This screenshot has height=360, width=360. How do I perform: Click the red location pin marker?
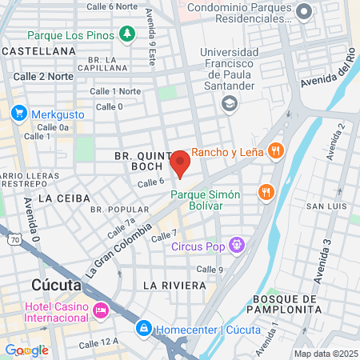click(x=180, y=162)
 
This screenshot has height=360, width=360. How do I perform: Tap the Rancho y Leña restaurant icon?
click(x=275, y=149)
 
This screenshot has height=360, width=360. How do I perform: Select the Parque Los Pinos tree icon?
click(x=126, y=34)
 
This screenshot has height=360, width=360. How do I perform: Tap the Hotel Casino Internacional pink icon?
click(x=101, y=310)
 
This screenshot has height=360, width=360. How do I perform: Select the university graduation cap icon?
click(x=230, y=102)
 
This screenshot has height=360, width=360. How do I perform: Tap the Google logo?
click(x=26, y=350)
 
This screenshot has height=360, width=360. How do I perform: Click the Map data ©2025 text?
click(x=325, y=354)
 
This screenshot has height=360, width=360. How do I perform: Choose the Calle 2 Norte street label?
click(x=43, y=76)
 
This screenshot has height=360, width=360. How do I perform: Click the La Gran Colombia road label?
click(x=118, y=250)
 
